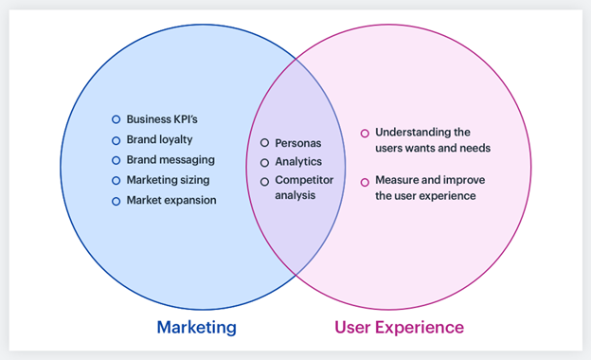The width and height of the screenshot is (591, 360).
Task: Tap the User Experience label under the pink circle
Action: (x=399, y=328)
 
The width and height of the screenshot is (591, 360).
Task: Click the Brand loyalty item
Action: (x=159, y=139)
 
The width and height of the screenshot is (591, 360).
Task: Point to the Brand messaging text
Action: (x=170, y=160)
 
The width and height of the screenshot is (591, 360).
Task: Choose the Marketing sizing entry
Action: (x=168, y=180)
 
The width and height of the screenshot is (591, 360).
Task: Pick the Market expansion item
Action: (x=170, y=200)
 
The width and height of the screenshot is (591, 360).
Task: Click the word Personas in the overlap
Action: (x=298, y=143)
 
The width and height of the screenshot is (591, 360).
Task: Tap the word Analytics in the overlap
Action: (x=298, y=162)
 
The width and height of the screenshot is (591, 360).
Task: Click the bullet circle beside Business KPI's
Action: (x=116, y=120)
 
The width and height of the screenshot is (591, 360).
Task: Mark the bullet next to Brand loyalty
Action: (x=116, y=140)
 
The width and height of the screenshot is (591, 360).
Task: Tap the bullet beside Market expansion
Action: (x=116, y=201)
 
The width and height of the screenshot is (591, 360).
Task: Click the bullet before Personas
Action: (x=265, y=143)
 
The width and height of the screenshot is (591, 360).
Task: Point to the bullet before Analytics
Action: (x=265, y=162)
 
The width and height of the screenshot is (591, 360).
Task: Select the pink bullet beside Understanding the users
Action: (x=365, y=134)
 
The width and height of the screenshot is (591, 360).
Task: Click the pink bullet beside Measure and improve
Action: (x=365, y=182)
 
